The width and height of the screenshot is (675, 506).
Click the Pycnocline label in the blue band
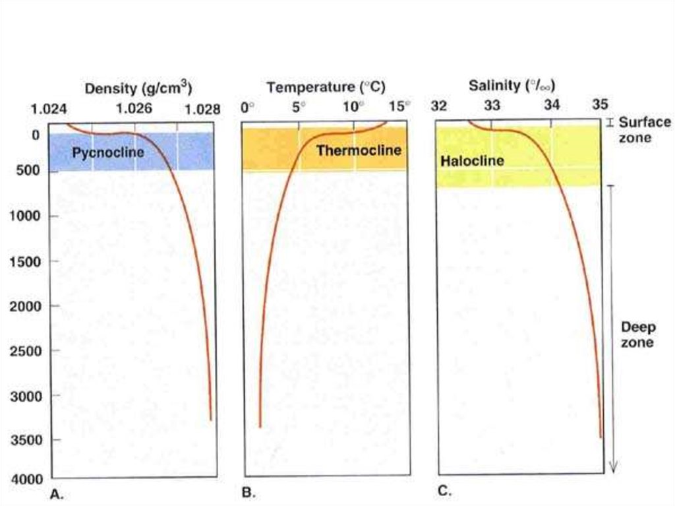(109, 153)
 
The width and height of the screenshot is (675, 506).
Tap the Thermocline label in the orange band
(359, 150)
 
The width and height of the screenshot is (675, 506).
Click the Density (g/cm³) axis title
(138, 88)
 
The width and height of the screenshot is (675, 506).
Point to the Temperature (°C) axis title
(326, 87)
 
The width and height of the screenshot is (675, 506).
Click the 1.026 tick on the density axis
(134, 108)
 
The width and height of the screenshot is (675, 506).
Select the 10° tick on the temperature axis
(353, 107)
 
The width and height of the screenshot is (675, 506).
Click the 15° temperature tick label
(399, 107)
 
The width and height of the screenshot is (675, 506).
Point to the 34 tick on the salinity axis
(552, 105)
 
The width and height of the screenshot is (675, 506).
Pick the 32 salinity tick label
(439, 105)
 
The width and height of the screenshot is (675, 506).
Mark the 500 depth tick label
(28, 171)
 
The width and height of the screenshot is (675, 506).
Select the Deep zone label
(637, 334)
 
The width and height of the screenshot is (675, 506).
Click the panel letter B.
(249, 492)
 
